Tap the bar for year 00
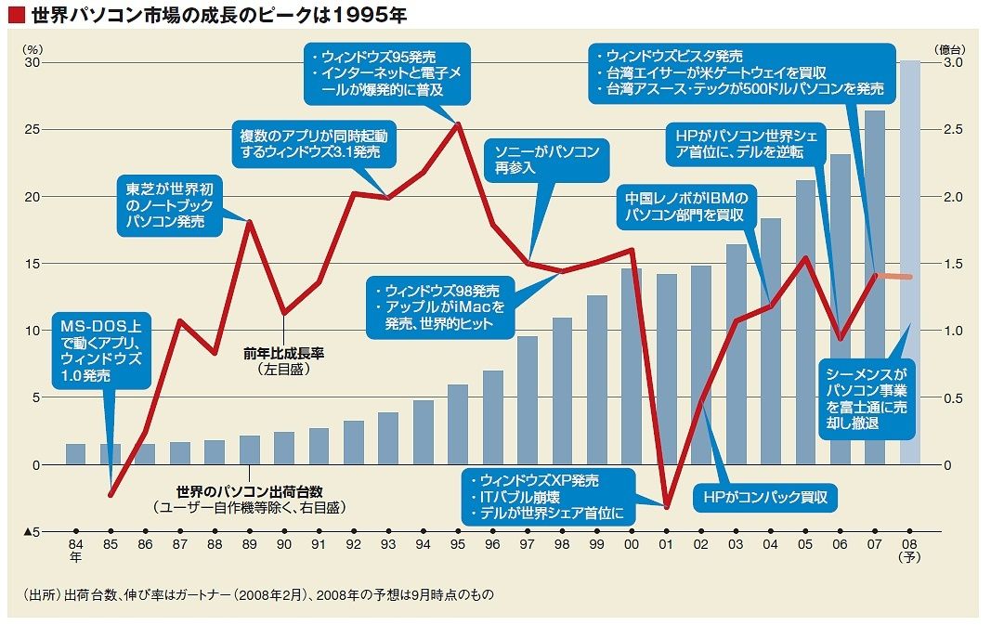[x=632, y=367]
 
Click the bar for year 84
[x=76, y=454]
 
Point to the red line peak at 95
[x=458, y=124]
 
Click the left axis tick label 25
[x=32, y=129]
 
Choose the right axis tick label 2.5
[x=953, y=129]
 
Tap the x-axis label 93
[x=388, y=545]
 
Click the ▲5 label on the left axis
[x=32, y=532]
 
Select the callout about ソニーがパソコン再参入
[x=547, y=160]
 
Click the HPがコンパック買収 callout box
[x=765, y=498]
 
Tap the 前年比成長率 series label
[x=284, y=353]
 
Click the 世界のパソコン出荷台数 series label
[x=249, y=491]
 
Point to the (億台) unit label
[x=949, y=48]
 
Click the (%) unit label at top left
[x=33, y=48]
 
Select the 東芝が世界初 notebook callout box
[x=170, y=205]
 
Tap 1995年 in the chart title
[x=369, y=15]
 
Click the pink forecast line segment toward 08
[x=893, y=276]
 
